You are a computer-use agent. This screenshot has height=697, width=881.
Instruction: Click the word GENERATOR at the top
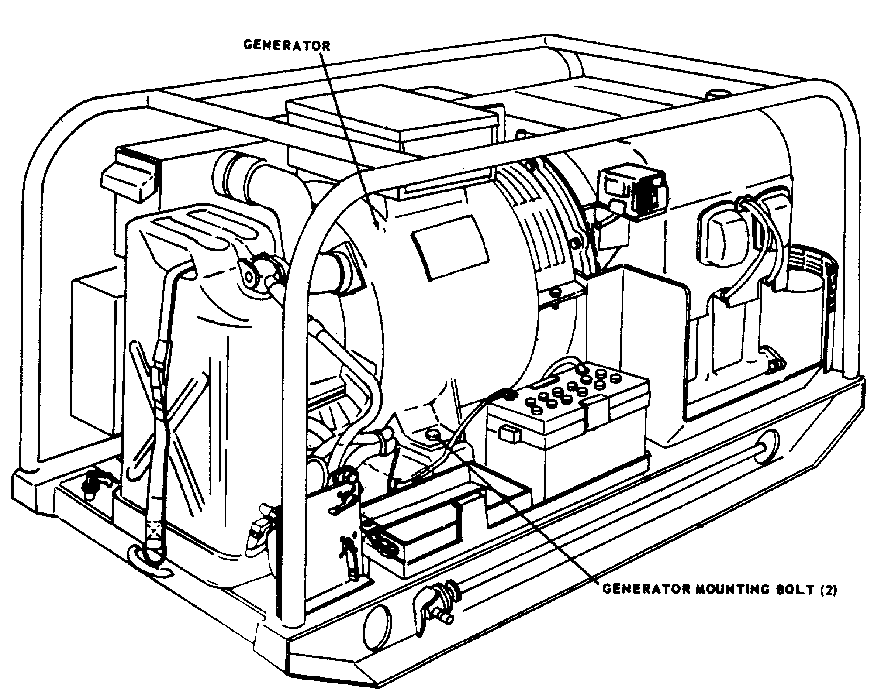[x=287, y=45]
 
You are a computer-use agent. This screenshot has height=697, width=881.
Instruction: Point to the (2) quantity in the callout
[x=827, y=590]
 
